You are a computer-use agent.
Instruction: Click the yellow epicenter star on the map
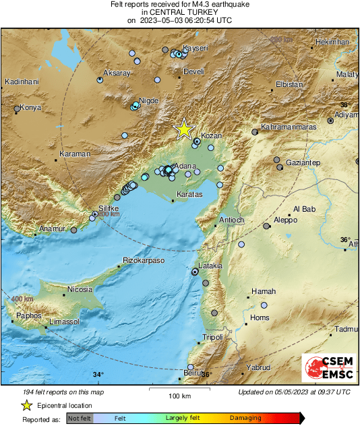(183, 128)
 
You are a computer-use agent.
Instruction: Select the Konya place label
(30, 107)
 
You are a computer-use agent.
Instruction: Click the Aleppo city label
(285, 220)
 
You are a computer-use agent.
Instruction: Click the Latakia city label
(210, 266)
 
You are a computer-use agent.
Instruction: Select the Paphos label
(28, 315)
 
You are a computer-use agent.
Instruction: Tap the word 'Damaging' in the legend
(245, 419)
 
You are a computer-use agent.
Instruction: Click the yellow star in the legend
(26, 405)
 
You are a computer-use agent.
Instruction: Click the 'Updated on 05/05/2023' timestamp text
(294, 392)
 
